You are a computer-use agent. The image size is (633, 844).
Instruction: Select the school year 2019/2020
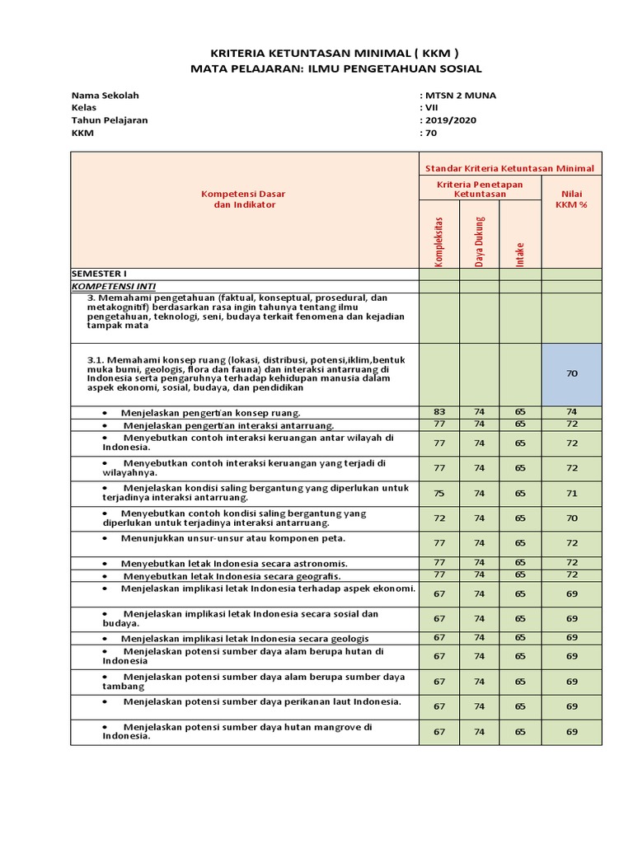pyautogui.click(x=450, y=120)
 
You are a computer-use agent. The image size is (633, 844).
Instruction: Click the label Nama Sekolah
pyautogui.click(x=105, y=95)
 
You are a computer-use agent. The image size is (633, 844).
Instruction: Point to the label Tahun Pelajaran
pyautogui.click(x=110, y=120)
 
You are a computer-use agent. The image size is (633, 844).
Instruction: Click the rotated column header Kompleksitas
pyautogui.click(x=439, y=241)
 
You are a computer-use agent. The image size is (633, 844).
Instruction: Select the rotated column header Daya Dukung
pyautogui.click(x=480, y=241)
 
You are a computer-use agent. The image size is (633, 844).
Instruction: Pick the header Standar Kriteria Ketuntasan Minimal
pyautogui.click(x=509, y=168)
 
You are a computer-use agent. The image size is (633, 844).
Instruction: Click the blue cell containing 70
pyautogui.click(x=572, y=373)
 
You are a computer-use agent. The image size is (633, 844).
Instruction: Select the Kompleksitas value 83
pyautogui.click(x=438, y=412)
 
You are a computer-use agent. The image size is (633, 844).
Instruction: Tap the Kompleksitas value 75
pyautogui.click(x=438, y=493)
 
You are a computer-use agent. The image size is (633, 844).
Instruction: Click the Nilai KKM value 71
pyautogui.click(x=572, y=493)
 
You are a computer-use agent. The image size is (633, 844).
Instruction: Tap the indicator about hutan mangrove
pyautogui.click(x=237, y=732)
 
